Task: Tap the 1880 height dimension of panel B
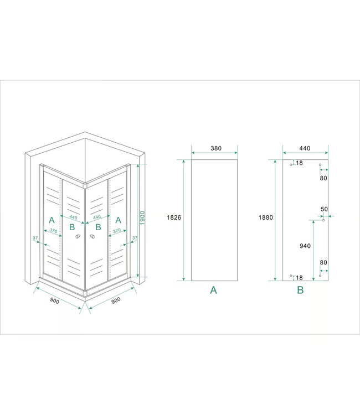click(266, 217)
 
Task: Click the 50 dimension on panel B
click(324, 209)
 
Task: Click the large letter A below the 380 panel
click(214, 289)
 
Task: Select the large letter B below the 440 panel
click(300, 289)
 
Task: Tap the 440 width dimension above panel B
click(305, 148)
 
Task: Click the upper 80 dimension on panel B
click(323, 178)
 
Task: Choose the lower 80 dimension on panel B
click(323, 263)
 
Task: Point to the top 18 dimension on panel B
click(299, 163)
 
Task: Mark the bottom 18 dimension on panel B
click(299, 277)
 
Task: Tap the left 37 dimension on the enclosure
click(35, 238)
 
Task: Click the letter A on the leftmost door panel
click(52, 220)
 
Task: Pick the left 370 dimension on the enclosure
click(53, 231)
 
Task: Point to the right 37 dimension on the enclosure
click(135, 238)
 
